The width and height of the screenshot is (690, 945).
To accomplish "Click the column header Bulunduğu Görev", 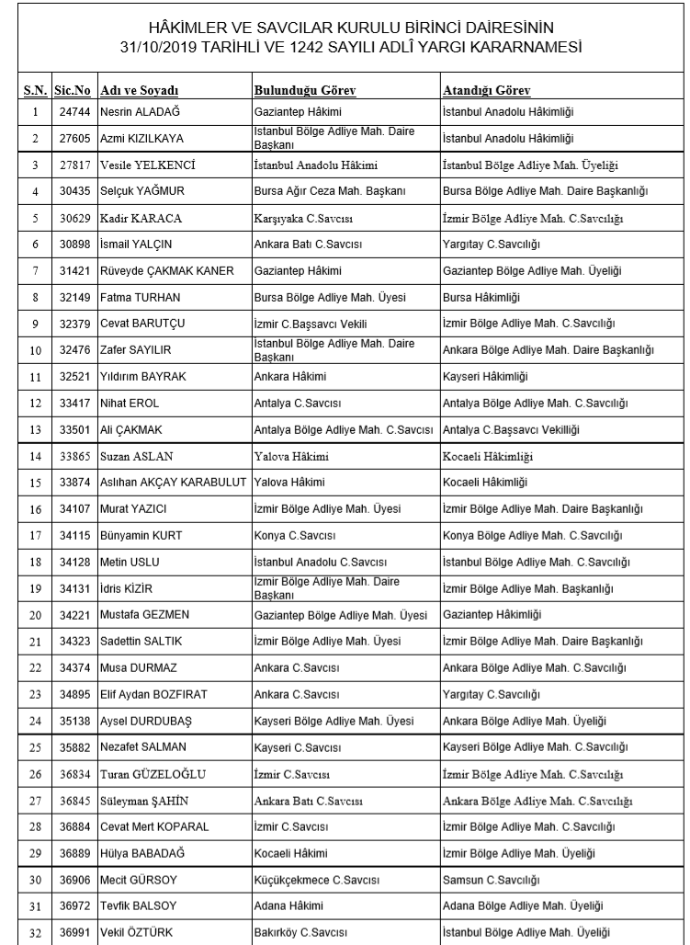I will coord(304,91).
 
